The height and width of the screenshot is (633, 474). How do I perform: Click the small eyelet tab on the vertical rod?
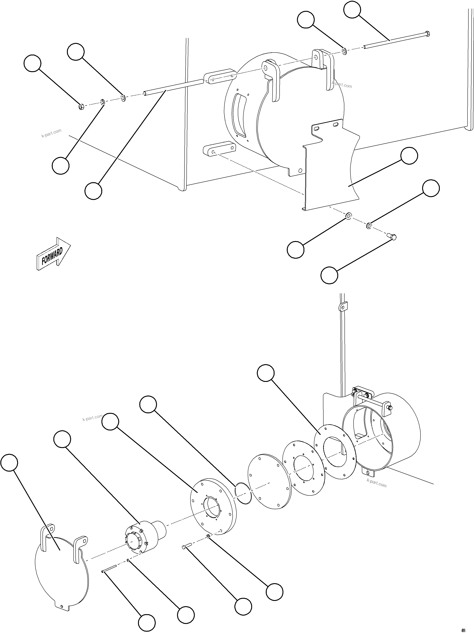pyautogui.click(x=342, y=307)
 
